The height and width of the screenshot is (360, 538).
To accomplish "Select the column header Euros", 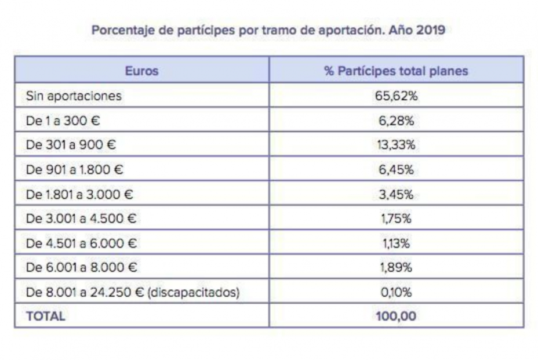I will click(x=141, y=71).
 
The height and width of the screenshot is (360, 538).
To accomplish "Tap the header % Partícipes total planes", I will click(x=396, y=71).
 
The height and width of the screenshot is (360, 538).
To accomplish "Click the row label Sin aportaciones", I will click(x=74, y=96).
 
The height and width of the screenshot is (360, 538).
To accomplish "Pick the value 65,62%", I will click(x=396, y=96).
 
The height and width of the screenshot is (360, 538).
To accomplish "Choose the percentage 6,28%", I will click(x=396, y=121).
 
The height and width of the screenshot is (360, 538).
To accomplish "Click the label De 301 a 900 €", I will click(x=71, y=145).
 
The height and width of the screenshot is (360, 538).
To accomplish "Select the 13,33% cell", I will click(x=396, y=145).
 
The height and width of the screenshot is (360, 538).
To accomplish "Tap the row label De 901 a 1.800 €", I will click(x=75, y=170).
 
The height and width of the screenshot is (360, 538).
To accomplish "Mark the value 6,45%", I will click(x=396, y=170).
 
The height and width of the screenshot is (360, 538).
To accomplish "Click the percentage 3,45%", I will click(x=396, y=194).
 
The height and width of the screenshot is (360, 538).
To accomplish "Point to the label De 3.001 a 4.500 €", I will click(x=82, y=219).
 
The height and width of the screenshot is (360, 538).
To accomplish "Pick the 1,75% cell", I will click(x=396, y=219).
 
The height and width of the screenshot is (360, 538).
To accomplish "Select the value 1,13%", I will click(x=396, y=243).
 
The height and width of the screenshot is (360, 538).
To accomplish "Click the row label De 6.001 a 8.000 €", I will click(x=82, y=268).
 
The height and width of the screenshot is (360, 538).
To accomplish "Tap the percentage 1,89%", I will click(x=396, y=268).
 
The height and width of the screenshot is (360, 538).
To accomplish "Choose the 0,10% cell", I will click(x=396, y=292).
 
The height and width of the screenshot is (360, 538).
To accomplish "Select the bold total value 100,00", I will click(x=396, y=317).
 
